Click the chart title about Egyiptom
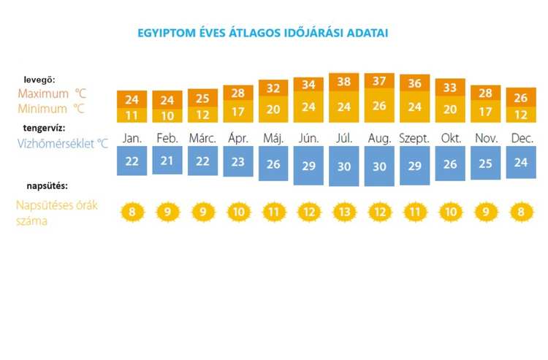click(263, 33)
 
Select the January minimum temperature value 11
click(132, 115)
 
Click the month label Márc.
click(202, 138)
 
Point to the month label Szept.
click(414, 138)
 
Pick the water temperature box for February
click(167, 161)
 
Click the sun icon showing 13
click(344, 213)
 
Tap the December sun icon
click(521, 213)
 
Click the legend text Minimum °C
click(51, 109)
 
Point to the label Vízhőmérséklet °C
click(62, 144)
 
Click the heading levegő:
click(39, 79)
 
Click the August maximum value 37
click(379, 81)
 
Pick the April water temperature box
click(237, 163)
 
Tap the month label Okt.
click(450, 138)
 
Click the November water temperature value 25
click(486, 163)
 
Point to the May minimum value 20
click(273, 110)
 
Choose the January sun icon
click(132, 213)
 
